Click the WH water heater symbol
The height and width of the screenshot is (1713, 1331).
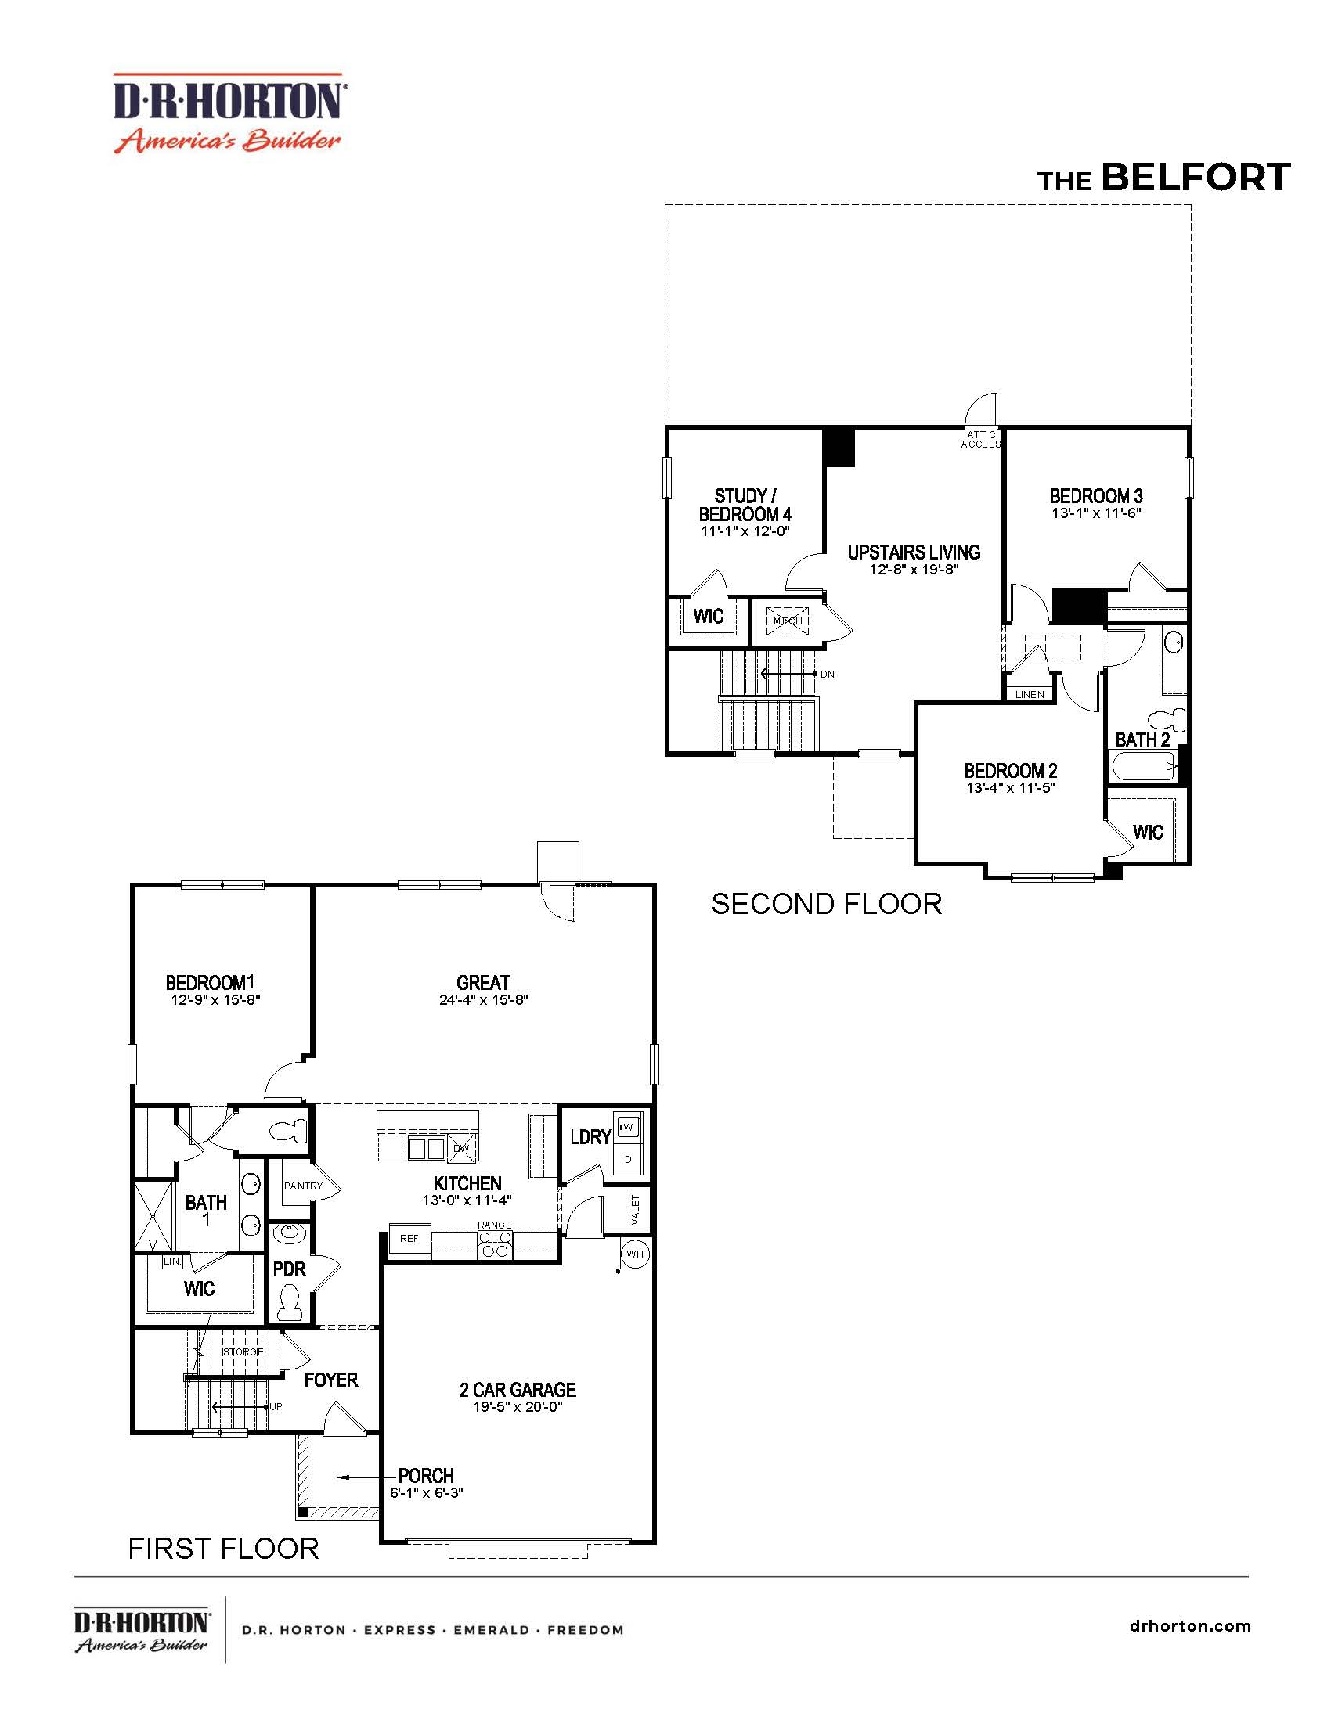click(x=635, y=1254)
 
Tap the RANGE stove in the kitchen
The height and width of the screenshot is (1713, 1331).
click(x=495, y=1246)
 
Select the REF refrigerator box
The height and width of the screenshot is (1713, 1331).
click(x=409, y=1240)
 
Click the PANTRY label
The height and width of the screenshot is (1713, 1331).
click(x=303, y=1186)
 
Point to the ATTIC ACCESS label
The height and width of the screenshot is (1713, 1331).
click(x=981, y=439)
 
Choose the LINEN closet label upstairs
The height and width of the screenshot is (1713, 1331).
click(x=1030, y=694)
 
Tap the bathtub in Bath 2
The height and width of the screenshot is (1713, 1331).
click(x=1142, y=765)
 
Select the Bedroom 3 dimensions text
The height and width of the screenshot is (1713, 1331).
click(x=1095, y=513)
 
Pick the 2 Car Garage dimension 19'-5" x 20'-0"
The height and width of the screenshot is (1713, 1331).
click(x=518, y=1406)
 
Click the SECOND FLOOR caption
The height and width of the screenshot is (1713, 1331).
click(x=826, y=904)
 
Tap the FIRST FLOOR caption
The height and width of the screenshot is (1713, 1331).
click(x=224, y=1549)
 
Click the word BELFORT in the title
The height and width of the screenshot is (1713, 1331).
click(x=1196, y=178)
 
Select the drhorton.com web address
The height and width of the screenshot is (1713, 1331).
click(x=1191, y=1625)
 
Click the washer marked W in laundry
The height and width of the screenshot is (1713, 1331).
click(x=628, y=1128)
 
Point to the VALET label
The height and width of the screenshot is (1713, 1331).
click(x=636, y=1210)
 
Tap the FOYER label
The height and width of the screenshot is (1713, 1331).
click(x=331, y=1380)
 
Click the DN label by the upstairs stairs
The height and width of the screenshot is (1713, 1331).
click(x=827, y=674)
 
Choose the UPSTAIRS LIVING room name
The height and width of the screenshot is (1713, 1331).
click(x=914, y=552)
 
